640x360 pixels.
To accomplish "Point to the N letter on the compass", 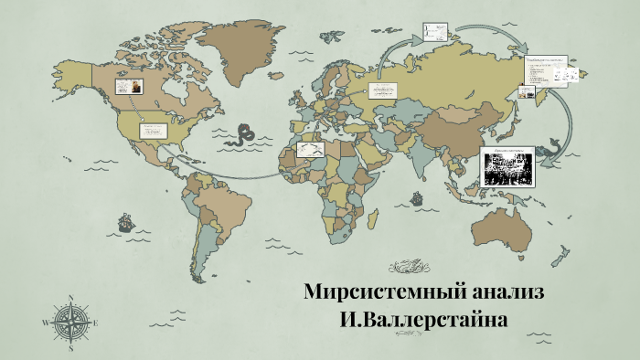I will pyautogui.click(x=70, y=297).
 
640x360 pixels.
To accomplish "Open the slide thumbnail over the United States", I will pyautogui.click(x=153, y=131).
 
